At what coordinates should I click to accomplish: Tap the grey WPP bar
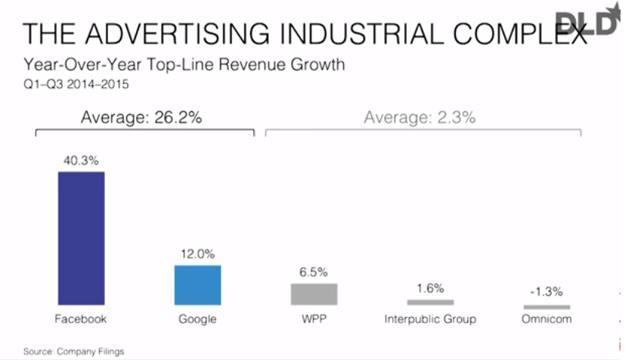(314, 294)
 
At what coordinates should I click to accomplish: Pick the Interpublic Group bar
(430, 303)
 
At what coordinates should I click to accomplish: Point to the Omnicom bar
(547, 307)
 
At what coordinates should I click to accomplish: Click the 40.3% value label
(82, 161)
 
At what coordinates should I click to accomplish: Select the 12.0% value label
(197, 255)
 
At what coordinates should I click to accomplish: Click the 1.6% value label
(430, 289)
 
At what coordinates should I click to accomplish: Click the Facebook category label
(82, 319)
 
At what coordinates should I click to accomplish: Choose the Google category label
(197, 319)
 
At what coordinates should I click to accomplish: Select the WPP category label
(314, 319)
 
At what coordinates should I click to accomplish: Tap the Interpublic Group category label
(430, 319)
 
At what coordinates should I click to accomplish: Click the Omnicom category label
(547, 319)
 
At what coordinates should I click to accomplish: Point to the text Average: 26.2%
(142, 118)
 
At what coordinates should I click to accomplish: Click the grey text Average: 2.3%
(420, 118)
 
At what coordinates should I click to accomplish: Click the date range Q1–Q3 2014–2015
(76, 84)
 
